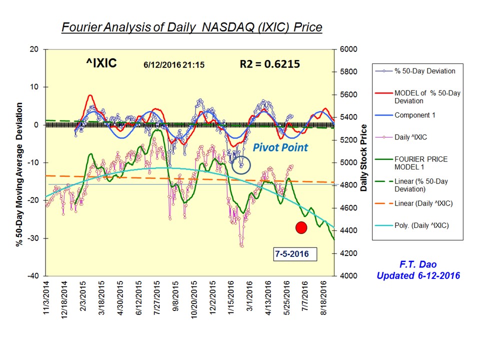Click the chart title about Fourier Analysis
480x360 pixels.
[191, 27]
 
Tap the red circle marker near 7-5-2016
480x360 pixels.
[301, 227]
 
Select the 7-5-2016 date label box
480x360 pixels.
[291, 254]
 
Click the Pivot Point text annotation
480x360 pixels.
[280, 147]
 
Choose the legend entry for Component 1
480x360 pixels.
[414, 115]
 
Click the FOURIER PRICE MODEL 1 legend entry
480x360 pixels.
[420, 163]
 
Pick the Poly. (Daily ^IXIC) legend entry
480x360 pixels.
[421, 225]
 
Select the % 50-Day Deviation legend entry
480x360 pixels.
[424, 71]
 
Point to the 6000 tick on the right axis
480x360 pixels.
[349, 49]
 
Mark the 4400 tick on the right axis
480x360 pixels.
[349, 230]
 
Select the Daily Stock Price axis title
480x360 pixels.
[364, 157]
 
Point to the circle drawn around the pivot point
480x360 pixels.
[241, 164]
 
